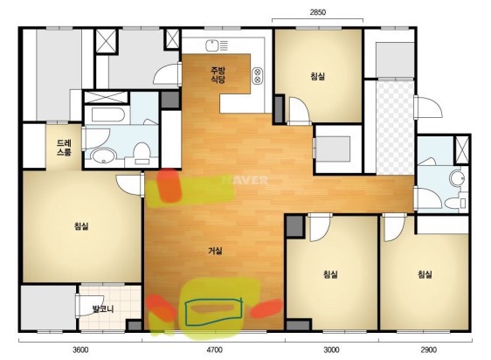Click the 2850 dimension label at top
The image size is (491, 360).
[318, 12]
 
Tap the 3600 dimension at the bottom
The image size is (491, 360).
[80, 350]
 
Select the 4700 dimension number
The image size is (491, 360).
[215, 350]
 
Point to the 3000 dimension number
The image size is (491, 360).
[331, 350]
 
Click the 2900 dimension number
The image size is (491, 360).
[428, 350]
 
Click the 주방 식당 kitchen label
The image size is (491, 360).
[218, 75]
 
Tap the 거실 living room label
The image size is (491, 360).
[215, 251]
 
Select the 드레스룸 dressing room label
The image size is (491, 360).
[64, 148]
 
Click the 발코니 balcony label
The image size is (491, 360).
[103, 309]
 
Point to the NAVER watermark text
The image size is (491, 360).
[245, 180]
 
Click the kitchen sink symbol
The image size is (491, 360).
[212, 45]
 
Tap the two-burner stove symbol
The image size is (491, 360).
[258, 75]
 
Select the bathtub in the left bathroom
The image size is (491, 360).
[107, 114]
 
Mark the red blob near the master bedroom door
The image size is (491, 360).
[169, 185]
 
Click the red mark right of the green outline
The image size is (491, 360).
[266, 308]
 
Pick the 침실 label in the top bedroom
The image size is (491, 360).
[318, 76]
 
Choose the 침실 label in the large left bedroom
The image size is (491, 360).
[81, 226]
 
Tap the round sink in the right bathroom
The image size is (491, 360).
[456, 178]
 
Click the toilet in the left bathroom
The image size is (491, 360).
[142, 153]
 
